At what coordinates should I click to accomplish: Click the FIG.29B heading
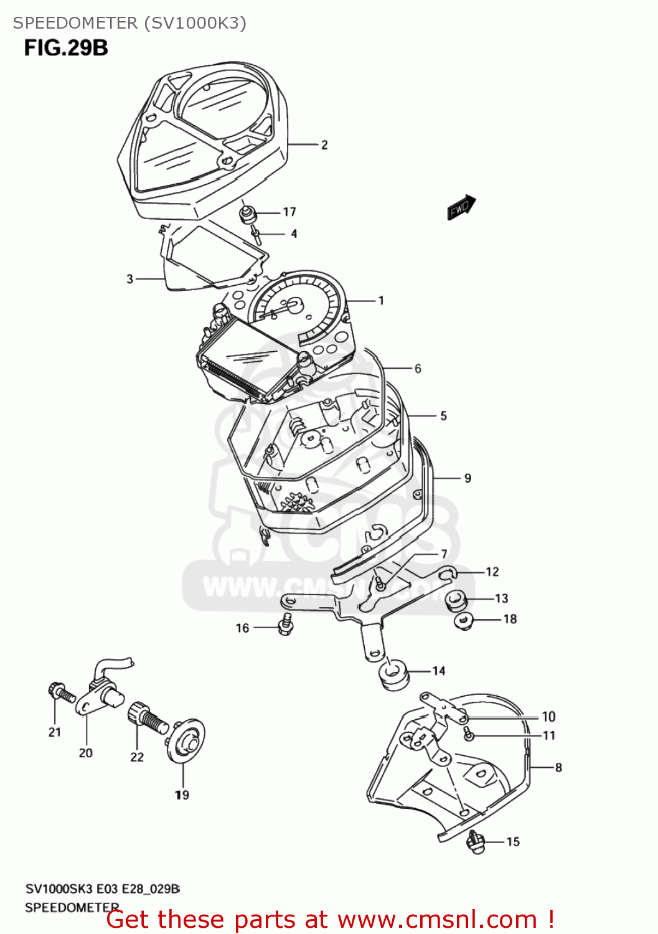click(x=66, y=48)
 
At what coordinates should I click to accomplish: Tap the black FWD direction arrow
click(x=461, y=207)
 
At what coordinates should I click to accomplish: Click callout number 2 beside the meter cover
click(x=324, y=144)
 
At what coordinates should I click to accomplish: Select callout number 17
click(x=289, y=212)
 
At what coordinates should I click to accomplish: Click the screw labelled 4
click(x=256, y=234)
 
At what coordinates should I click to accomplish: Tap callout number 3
click(x=130, y=279)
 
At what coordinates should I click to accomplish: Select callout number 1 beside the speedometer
click(x=381, y=300)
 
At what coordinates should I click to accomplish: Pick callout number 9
click(x=468, y=478)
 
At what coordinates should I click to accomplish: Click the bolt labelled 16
click(x=286, y=624)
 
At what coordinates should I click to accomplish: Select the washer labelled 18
click(x=464, y=620)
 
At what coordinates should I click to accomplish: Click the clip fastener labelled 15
click(x=476, y=842)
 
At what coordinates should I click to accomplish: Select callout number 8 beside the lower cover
click(x=558, y=768)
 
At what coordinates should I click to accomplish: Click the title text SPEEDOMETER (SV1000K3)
click(x=129, y=23)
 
